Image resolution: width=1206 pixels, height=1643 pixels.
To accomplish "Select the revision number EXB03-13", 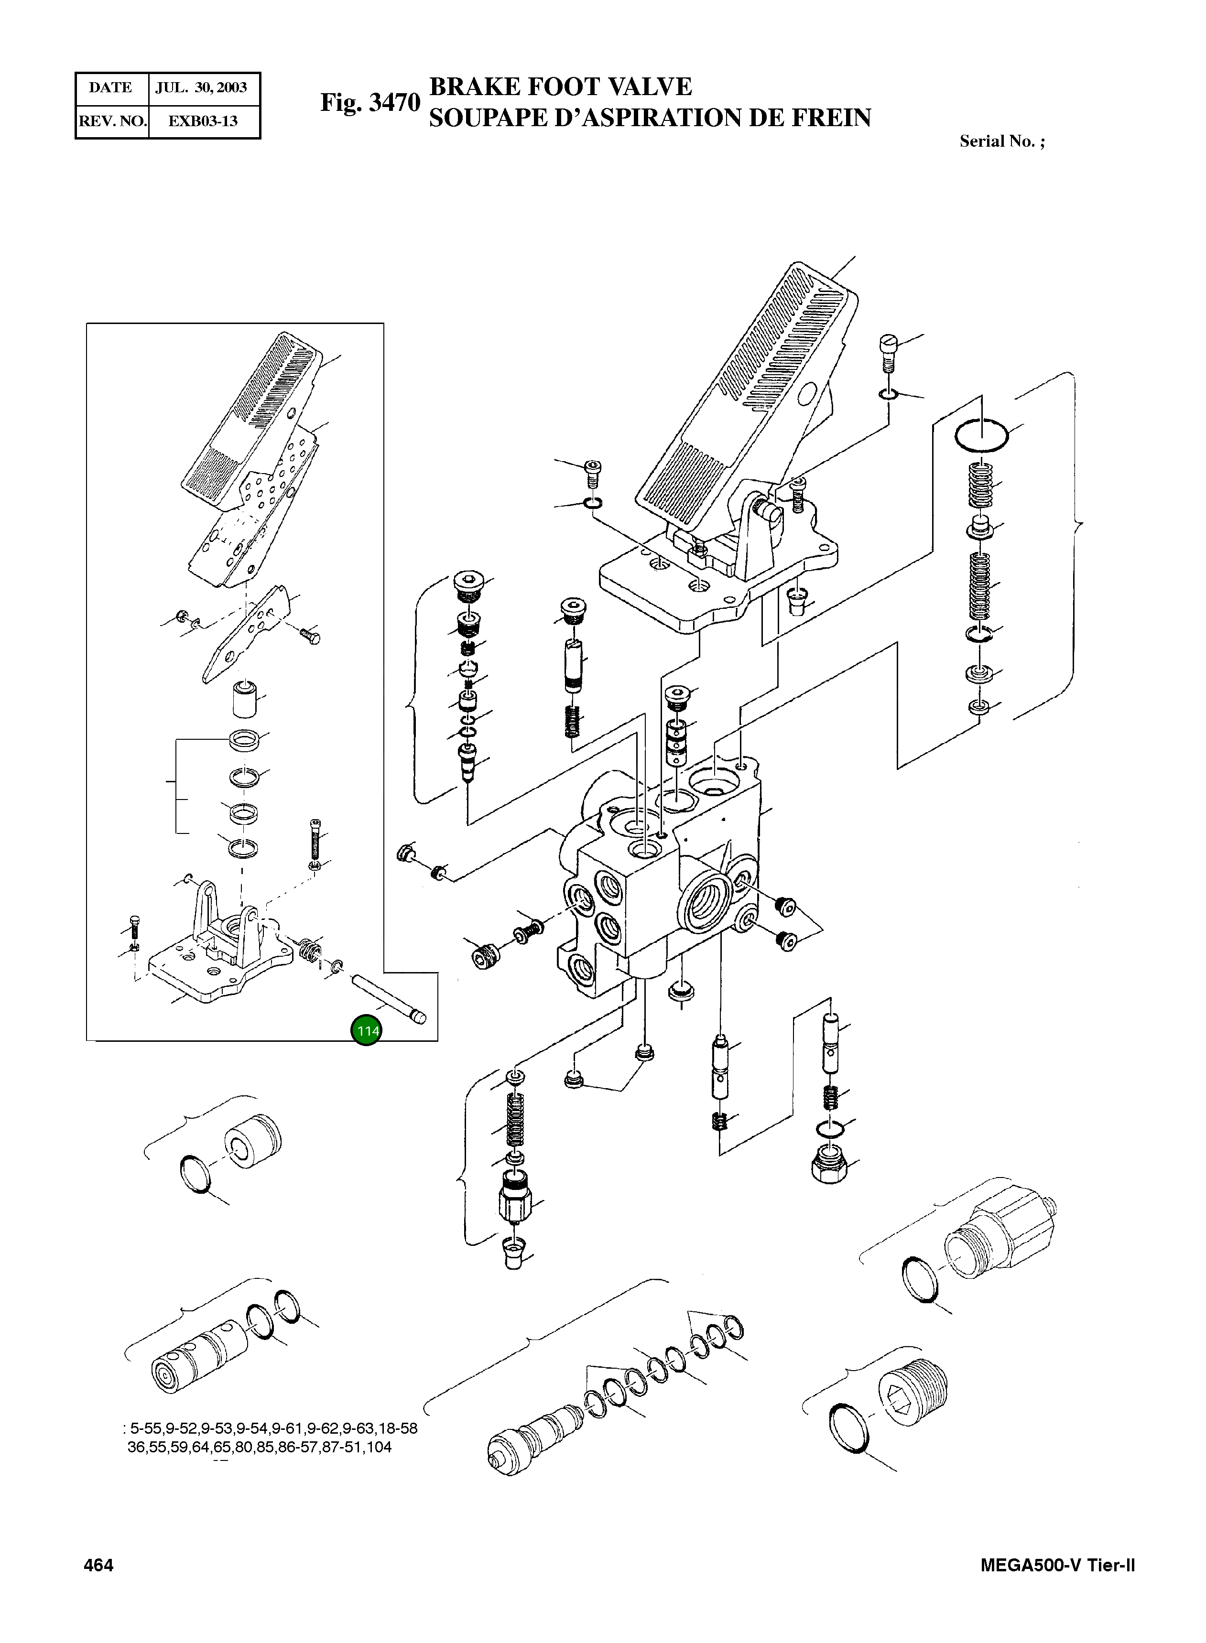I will (x=203, y=121).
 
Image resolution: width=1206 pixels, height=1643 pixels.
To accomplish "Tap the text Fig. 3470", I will (x=370, y=103).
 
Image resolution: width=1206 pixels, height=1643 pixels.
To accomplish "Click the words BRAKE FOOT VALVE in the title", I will (x=560, y=87).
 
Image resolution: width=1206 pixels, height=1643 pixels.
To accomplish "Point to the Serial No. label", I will (x=1001, y=141).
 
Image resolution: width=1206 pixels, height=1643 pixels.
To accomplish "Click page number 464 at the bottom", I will (x=98, y=1565).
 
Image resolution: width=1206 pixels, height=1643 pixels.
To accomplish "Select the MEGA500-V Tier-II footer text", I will (x=1058, y=1565).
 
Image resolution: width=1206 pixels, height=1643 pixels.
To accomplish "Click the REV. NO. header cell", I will (x=112, y=121).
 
